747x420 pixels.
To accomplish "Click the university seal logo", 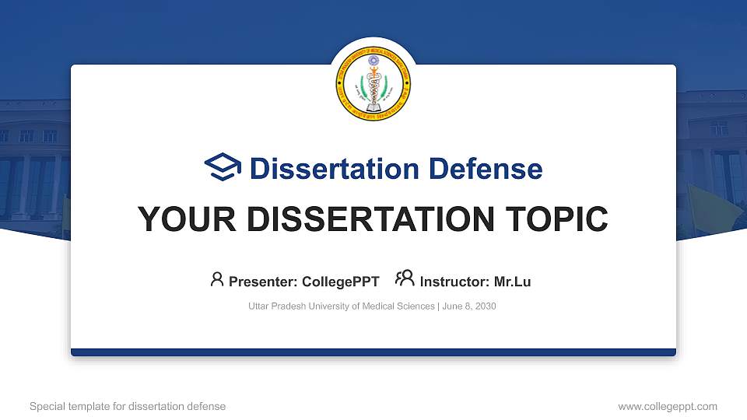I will (x=373, y=84).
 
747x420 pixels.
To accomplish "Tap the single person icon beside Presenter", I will (x=217, y=279).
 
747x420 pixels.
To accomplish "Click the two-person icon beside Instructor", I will (x=405, y=279).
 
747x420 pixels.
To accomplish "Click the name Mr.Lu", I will (x=512, y=282).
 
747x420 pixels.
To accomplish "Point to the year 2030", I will (x=486, y=306).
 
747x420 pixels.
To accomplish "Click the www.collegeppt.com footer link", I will (x=667, y=406).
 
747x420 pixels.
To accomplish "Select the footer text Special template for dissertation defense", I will (x=128, y=406).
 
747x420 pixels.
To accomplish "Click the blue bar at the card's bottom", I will (x=373, y=352).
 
